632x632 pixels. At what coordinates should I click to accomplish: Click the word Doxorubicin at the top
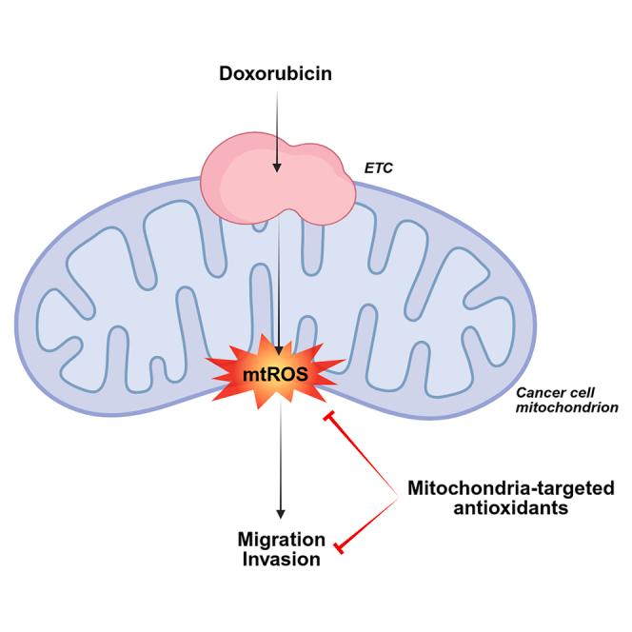pyautogui.click(x=276, y=72)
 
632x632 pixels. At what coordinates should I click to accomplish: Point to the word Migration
pyautogui.click(x=281, y=541)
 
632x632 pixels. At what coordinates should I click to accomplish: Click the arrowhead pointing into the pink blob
pyautogui.click(x=277, y=168)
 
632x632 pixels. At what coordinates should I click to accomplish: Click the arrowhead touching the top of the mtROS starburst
pyautogui.click(x=278, y=348)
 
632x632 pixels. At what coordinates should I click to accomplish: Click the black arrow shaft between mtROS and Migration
pyautogui.click(x=280, y=457)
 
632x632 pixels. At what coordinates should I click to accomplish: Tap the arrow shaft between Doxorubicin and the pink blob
pyautogui.click(x=277, y=124)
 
